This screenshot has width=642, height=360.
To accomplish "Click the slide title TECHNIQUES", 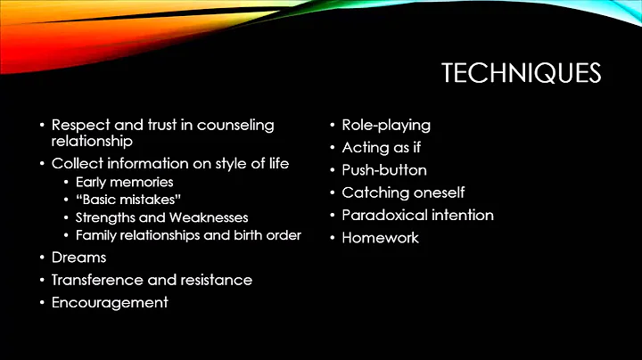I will tap(521, 73).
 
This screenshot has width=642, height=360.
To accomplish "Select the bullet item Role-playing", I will tap(386, 125).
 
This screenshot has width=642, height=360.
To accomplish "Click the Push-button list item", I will tap(384, 169).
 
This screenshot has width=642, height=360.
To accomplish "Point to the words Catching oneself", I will tap(403, 192).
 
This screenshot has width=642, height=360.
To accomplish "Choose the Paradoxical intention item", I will tap(417, 215).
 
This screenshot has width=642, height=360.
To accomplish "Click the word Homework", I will tap(380, 237).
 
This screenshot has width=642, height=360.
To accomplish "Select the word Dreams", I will tap(78, 258).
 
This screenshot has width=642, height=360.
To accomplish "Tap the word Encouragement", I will tap(110, 302).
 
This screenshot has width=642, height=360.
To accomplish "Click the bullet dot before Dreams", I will tap(41, 258).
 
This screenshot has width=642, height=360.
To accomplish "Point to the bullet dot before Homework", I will tap(332, 238).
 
